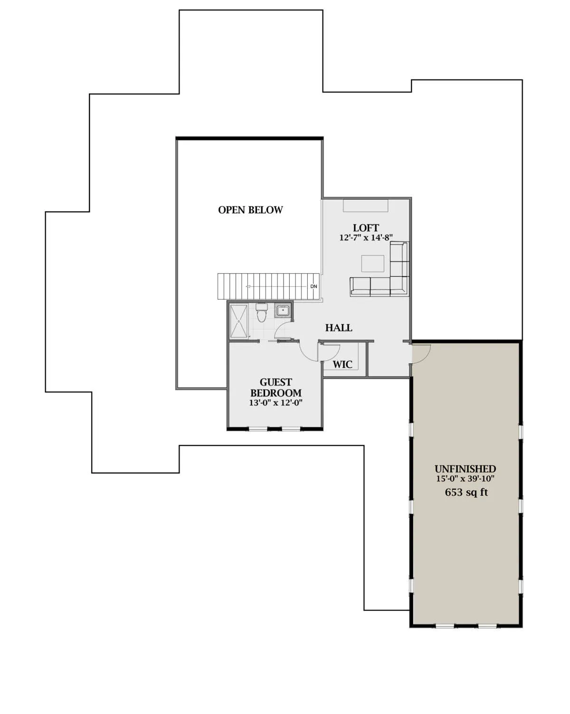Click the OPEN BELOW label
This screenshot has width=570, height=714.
click(250, 210)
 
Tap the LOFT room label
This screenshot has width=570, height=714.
click(365, 228)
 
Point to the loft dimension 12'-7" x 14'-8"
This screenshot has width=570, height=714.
click(366, 238)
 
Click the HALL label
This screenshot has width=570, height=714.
click(339, 328)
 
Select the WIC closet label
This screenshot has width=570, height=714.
click(342, 364)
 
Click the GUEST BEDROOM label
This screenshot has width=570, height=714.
click(275, 387)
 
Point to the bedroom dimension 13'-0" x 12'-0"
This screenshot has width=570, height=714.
click(275, 403)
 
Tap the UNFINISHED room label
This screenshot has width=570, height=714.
click(465, 469)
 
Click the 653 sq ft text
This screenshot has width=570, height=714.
click(466, 492)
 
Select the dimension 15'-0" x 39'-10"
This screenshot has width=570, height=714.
click(465, 478)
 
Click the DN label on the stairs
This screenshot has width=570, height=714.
click(313, 286)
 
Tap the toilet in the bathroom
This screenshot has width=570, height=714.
click(262, 312)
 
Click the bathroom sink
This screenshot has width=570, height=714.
click(283, 311)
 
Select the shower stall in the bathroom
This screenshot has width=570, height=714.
click(239, 321)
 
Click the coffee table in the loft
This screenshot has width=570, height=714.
click(373, 264)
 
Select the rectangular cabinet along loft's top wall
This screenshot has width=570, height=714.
click(365, 205)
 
